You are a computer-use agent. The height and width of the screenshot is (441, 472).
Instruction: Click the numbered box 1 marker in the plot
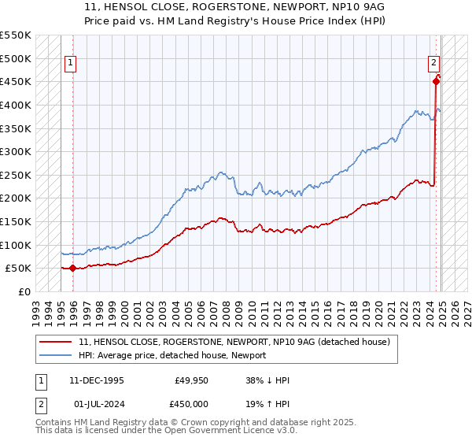tap(70, 64)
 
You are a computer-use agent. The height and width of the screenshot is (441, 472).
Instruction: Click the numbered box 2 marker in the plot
tap(433, 64)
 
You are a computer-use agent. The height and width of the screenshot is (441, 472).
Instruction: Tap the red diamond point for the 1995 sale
tap(72, 268)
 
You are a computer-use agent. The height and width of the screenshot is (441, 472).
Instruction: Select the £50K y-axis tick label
tap(18, 268)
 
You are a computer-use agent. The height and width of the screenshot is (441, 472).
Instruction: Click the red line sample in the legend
tap(56, 342)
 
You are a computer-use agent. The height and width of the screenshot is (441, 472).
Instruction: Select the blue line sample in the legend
tap(56, 356)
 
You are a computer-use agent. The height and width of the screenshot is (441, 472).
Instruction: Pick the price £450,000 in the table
tap(192, 403)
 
